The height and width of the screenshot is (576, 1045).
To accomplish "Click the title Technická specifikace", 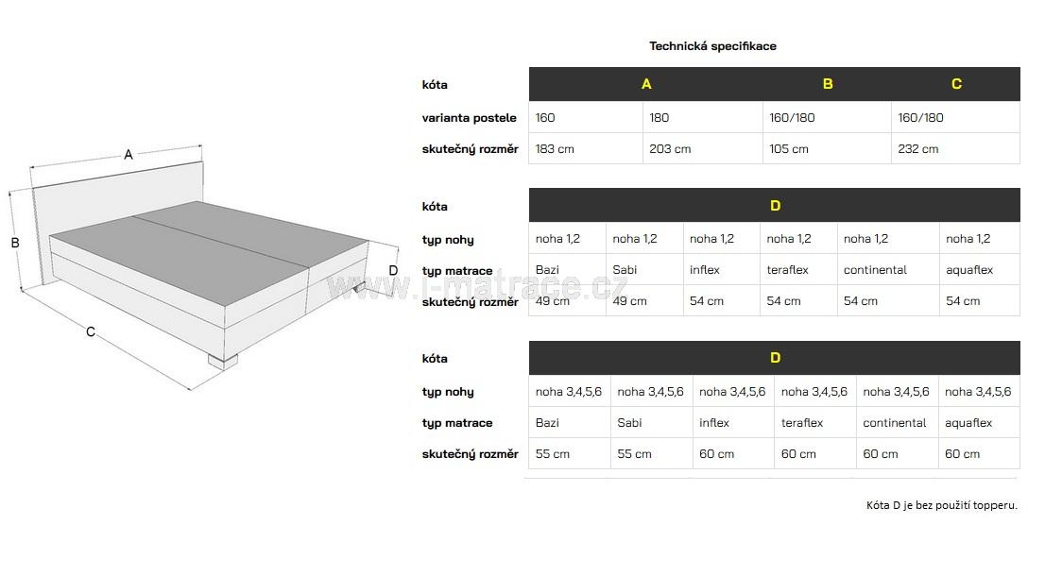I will tap(712, 45).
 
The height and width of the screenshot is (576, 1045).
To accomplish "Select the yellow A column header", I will tap(646, 84).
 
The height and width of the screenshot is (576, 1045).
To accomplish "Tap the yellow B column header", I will tap(828, 84).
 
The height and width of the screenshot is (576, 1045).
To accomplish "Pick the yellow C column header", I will tap(956, 84).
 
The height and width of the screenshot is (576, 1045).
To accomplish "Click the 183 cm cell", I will tap(555, 148).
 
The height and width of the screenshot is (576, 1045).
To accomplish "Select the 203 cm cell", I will tap(670, 148).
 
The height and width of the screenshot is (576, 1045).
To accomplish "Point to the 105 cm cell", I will tap(789, 148).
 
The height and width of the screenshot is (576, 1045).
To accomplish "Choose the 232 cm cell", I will tap(918, 148).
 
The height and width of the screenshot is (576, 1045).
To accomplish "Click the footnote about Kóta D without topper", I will tap(941, 505).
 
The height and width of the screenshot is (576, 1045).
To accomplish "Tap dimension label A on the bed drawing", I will tap(128, 155).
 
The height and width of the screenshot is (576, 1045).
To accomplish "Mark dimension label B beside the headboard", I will tap(15, 243).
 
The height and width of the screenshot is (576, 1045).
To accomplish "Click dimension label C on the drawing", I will tap(91, 331).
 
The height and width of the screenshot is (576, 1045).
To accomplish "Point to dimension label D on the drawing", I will tap(393, 271).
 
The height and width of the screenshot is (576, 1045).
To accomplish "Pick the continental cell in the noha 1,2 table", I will tap(875, 270).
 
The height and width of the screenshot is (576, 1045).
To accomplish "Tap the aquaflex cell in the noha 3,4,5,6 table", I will tap(968, 423).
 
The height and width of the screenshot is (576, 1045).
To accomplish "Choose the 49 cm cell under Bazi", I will tap(553, 301).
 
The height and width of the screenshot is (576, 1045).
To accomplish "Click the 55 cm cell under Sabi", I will tap(634, 454).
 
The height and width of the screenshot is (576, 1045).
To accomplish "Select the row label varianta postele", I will tap(469, 118).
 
